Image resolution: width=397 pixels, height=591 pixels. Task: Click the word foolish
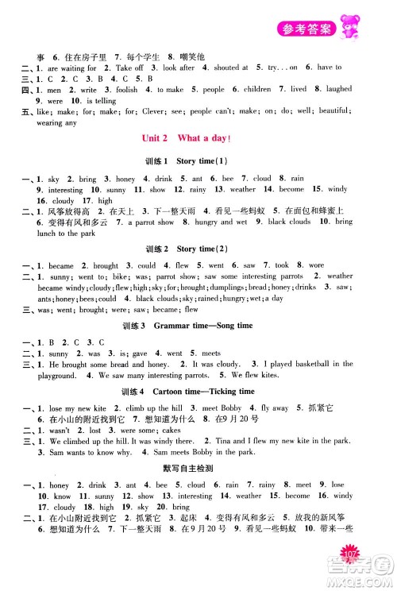tap(106, 90)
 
